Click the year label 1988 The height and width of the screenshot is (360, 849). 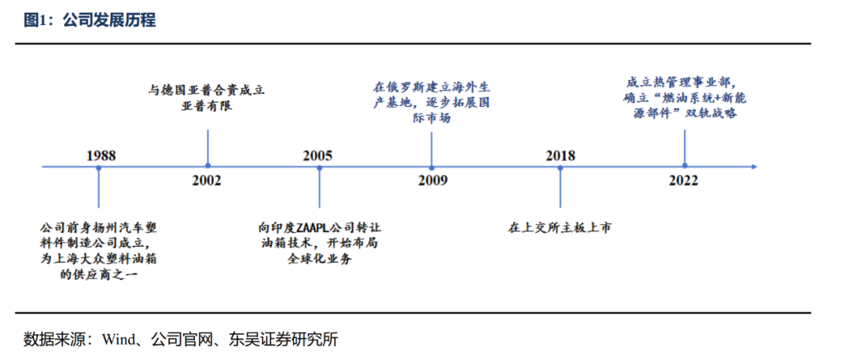coord(101,155)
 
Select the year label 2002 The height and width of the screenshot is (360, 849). coord(207,181)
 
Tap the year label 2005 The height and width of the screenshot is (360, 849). coord(318,155)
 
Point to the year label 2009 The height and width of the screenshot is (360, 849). coord(432,181)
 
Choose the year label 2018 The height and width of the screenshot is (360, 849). coord(560,155)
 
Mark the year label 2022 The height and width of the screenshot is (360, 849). coord(684,181)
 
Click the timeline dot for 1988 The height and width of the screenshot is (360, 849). coord(98,167)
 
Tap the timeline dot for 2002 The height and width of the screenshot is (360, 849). coord(208,167)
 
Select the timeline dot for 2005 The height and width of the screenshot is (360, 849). coord(319,167)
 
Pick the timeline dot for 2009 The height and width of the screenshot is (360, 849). coord(432,167)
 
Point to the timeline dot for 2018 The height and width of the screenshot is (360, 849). coord(560,167)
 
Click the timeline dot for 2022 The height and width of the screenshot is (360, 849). coord(685,167)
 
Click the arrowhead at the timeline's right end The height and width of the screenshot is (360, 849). coord(752,167)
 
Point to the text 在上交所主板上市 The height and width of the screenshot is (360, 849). coord(559,228)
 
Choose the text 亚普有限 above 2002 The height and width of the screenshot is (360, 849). coord(207,106)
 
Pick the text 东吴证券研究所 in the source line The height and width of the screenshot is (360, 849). coord(283,340)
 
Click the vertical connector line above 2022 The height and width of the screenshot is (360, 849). coord(685,145)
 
